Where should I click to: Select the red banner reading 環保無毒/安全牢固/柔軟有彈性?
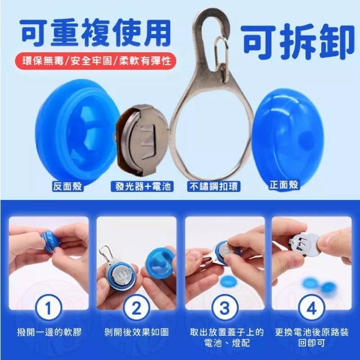click(x=96, y=61)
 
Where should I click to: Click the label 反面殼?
click(x=67, y=186)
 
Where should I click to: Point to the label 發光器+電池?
click(x=142, y=186)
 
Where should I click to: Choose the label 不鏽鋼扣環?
click(x=214, y=186)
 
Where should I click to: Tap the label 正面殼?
click(x=283, y=185)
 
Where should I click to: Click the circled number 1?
click(x=48, y=308)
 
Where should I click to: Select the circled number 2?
click(x=136, y=308)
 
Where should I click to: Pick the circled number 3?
click(x=224, y=308)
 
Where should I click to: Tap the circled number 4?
click(x=311, y=308)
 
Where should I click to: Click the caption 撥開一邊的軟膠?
click(x=49, y=332)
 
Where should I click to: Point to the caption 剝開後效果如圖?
click(x=136, y=332)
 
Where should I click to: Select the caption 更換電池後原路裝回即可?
click(x=312, y=337)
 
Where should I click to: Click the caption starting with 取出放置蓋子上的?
click(x=227, y=337)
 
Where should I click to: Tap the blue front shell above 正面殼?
click(x=287, y=136)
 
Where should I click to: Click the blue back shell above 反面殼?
click(x=76, y=130)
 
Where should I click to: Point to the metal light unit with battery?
click(x=142, y=141)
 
